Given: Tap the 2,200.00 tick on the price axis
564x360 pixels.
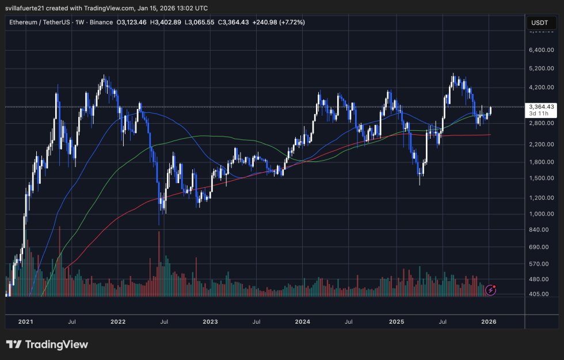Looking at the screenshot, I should tap(542, 144).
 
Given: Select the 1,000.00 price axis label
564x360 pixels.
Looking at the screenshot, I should tap(542, 214).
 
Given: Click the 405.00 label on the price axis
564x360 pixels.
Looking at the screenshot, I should tap(542, 294).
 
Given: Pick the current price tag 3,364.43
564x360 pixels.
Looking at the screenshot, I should tap(542, 107).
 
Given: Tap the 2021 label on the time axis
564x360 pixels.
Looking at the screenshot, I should tap(25, 322).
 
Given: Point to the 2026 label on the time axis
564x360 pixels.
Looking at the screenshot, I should tap(489, 322).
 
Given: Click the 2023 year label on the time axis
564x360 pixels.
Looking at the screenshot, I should tap(211, 322).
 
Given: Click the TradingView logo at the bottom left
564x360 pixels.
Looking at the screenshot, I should tap(47, 344).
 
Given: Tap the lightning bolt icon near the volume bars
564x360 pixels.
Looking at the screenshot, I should tap(490, 290).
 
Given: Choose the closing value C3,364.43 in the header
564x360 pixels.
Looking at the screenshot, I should tap(249, 22).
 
